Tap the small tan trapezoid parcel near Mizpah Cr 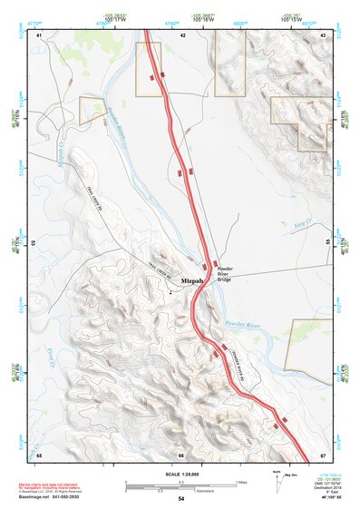92,110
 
